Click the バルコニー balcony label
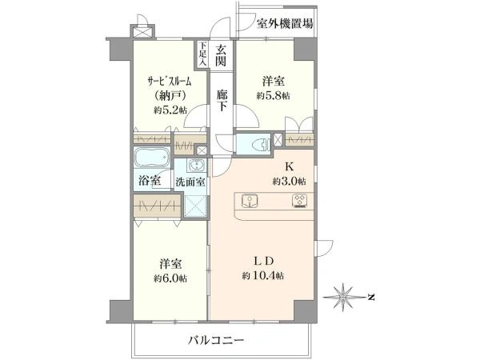pos(216,339)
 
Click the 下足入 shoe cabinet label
pos(203,54)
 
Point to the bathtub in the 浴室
pos(150,157)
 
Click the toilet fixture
pos(256,144)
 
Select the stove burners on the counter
pos(302,200)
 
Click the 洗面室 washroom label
pos(191,182)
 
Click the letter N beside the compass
pos(373,297)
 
